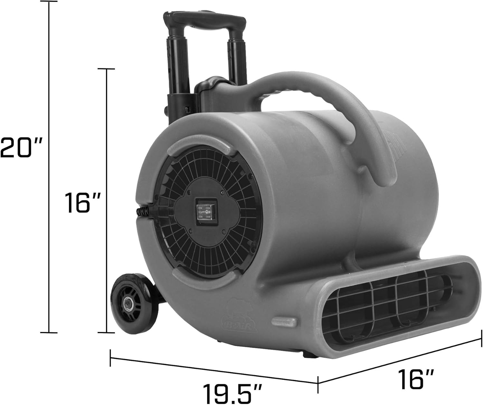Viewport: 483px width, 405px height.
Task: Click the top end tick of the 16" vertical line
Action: [106, 69]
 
